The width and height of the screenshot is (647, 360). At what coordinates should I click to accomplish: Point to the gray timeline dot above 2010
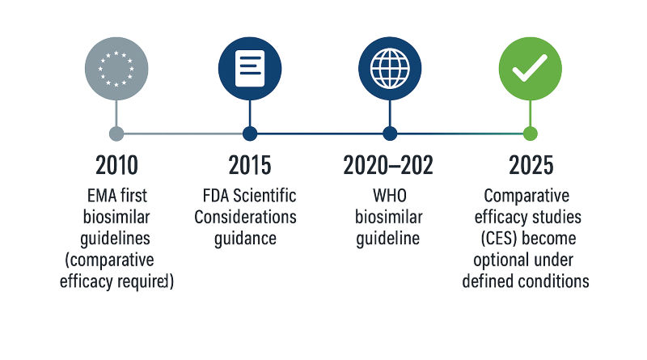[x=116, y=133]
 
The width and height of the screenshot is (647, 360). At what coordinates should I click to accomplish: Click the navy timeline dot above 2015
[x=250, y=133]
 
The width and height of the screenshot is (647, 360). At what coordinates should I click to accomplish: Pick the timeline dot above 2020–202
[x=390, y=133]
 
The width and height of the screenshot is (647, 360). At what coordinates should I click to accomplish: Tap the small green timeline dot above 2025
[x=530, y=133]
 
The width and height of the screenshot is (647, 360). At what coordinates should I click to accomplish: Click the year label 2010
[x=116, y=166]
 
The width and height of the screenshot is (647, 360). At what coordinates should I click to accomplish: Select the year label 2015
[x=250, y=166]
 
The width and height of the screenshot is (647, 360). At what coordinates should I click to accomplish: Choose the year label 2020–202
[x=388, y=166]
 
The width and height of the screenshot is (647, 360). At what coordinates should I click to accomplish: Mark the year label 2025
[x=531, y=166]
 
